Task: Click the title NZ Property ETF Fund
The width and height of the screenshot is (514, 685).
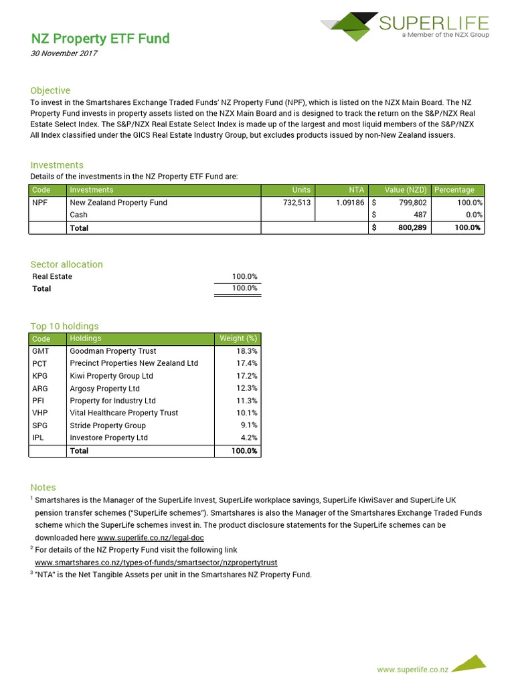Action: (100, 39)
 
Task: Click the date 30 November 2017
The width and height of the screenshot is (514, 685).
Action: (64, 54)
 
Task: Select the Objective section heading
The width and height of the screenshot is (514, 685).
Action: (50, 90)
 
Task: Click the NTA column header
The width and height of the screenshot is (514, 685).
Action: (356, 190)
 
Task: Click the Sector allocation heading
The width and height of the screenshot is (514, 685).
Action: (66, 264)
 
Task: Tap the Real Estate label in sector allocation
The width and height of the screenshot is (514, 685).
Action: (52, 276)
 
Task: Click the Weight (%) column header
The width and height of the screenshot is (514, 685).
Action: (238, 338)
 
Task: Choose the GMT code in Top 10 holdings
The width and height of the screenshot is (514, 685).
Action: (40, 351)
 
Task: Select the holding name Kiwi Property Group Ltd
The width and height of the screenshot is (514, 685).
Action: (111, 376)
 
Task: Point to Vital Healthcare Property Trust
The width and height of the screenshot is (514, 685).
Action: (124, 413)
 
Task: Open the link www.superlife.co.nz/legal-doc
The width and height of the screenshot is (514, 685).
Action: (151, 537)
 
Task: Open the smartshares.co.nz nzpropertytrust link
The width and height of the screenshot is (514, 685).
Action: (155, 563)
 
